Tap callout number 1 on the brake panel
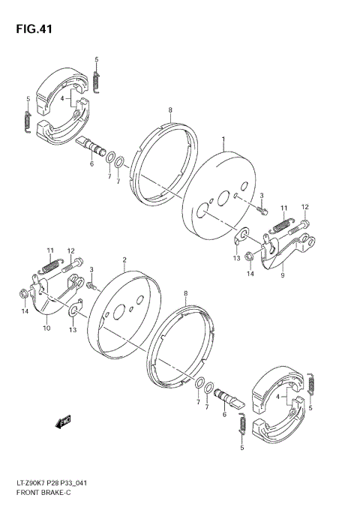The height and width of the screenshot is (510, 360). tap(223, 139)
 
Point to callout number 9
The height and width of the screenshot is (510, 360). tap(282, 275)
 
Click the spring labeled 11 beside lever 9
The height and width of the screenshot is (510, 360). tap(281, 222)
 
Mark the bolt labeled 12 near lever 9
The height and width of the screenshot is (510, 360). tap(304, 223)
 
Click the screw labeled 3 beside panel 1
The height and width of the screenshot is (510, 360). tap(263, 210)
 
